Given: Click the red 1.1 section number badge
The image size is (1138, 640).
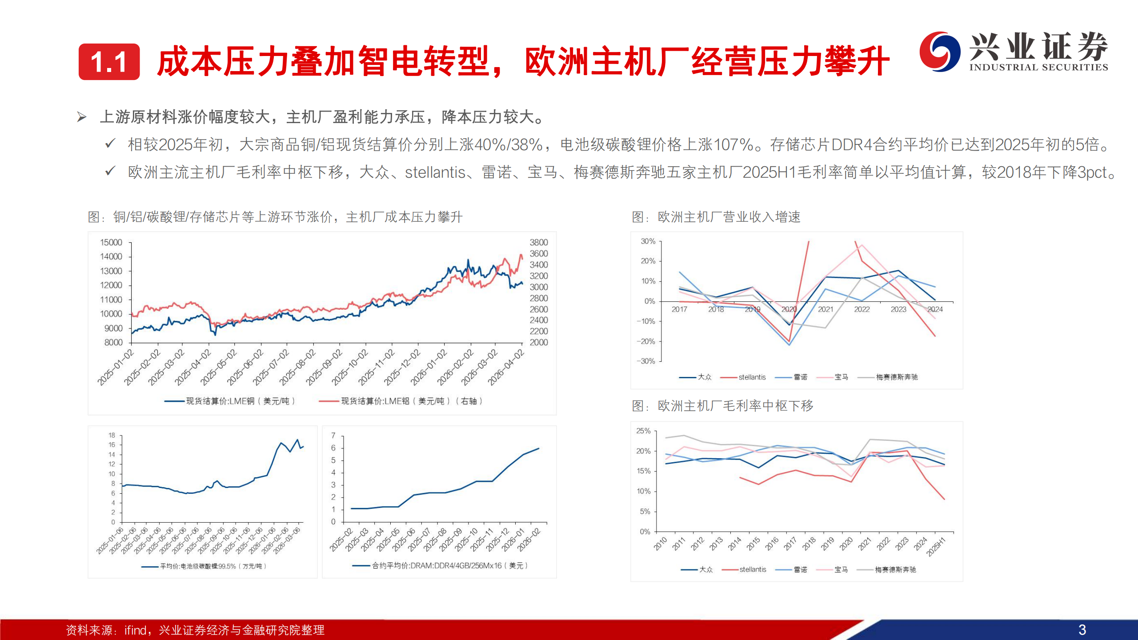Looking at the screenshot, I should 109,62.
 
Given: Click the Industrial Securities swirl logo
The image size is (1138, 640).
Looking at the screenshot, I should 939,52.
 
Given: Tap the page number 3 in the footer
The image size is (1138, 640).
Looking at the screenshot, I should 1082,630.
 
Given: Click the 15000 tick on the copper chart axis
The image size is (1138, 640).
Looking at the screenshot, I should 111,243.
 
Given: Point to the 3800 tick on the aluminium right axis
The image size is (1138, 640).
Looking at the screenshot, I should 539,243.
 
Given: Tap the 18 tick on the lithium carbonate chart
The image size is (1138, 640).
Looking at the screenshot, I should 112,435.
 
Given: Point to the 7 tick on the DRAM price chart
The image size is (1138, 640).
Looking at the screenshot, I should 333,436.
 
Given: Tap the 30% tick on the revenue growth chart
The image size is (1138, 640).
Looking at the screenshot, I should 648,241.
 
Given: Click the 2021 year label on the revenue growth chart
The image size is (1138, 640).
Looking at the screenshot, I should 825,309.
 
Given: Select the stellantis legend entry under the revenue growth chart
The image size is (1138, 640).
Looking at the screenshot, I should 752,377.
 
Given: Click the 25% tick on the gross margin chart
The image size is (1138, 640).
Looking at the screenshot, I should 643,431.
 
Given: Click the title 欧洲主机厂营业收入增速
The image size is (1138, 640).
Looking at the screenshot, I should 729,217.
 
